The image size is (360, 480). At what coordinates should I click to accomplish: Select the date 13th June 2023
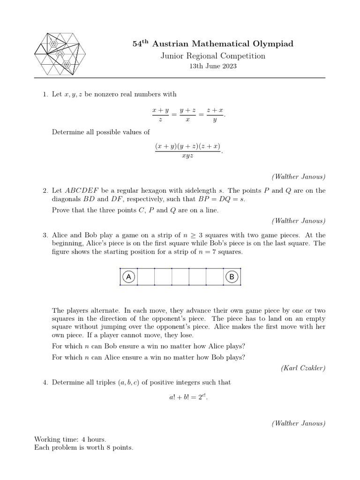coord(213,67)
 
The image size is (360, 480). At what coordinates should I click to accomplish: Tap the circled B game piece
coord(232,277)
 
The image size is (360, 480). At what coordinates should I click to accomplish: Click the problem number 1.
coord(45,94)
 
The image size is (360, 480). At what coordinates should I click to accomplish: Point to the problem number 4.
coord(45,382)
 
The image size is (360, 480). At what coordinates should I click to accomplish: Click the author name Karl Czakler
coord(303,368)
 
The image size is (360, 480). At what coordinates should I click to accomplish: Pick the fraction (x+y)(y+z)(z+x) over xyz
coord(187,151)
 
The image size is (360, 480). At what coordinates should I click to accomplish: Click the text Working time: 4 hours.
coord(70,439)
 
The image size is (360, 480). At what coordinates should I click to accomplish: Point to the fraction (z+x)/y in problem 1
coord(215,114)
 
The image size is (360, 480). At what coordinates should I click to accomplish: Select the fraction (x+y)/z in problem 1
coord(160,114)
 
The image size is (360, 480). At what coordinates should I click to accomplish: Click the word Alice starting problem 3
coord(60,235)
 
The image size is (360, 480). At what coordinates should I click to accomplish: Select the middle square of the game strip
coord(180,277)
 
